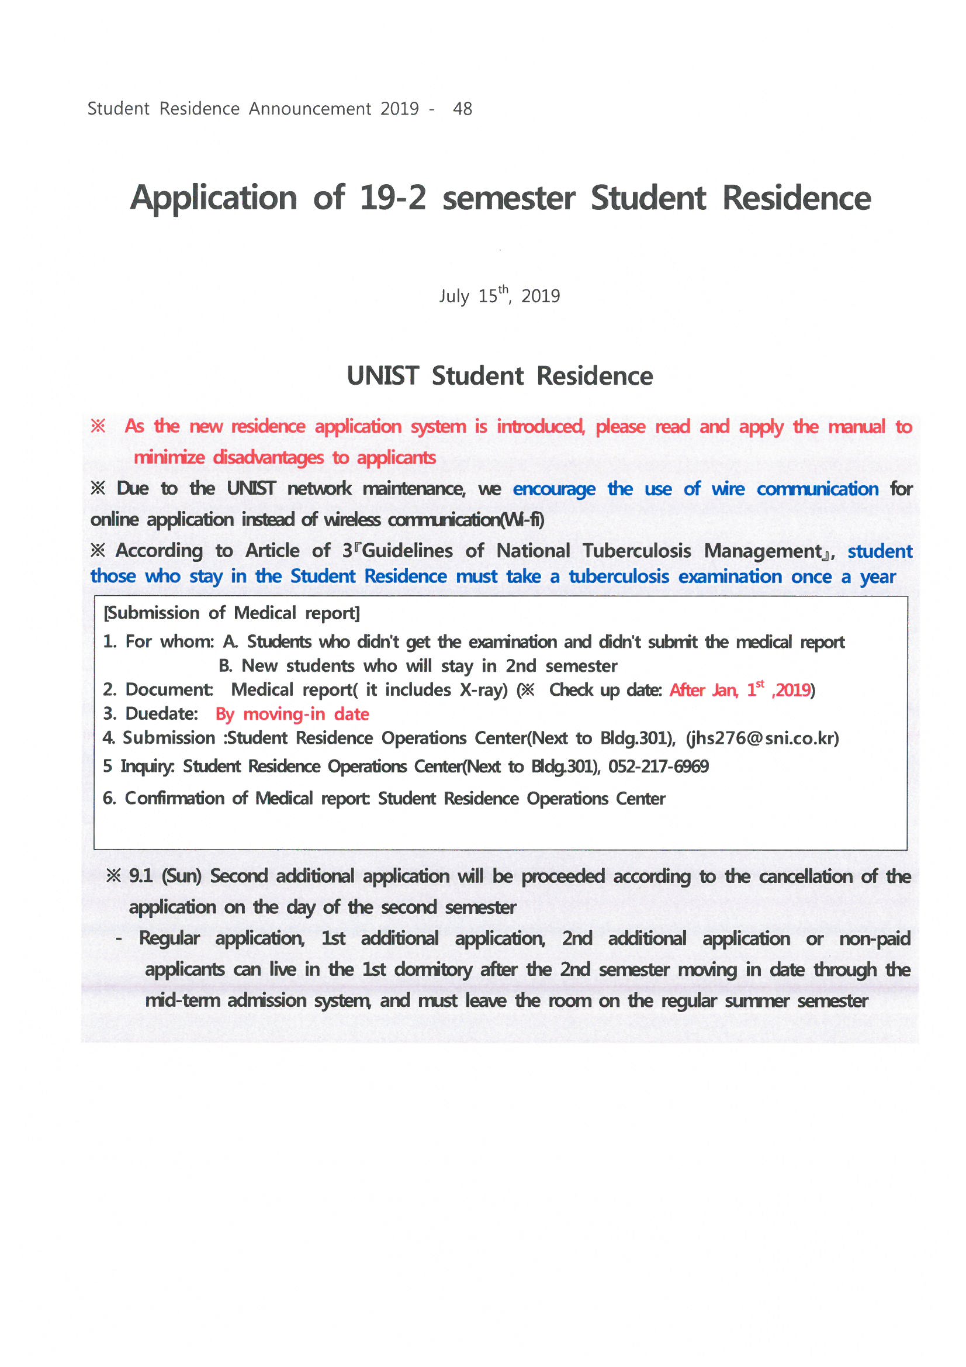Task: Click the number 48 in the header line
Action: [x=462, y=109]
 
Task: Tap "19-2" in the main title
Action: [x=393, y=198]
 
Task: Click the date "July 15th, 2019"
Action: [x=500, y=295]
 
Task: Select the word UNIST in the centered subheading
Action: [x=383, y=377]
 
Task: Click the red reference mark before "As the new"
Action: [x=98, y=426]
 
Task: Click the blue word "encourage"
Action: [x=553, y=489]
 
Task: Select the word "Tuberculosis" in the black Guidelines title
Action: [x=636, y=551]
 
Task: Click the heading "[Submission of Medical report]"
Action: [x=231, y=613]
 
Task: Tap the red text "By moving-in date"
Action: [x=292, y=714]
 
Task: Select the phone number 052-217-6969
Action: [x=657, y=767]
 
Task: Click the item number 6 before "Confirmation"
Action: [x=109, y=799]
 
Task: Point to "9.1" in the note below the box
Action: [x=140, y=876]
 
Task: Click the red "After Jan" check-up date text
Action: [x=703, y=690]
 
